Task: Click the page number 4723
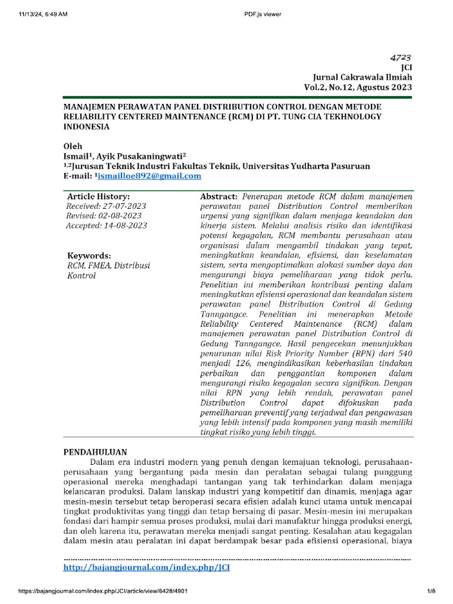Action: point(401,58)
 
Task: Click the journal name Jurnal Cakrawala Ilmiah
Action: point(362,77)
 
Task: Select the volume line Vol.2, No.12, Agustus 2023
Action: point(358,87)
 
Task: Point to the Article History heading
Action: point(99,196)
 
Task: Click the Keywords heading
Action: point(88,255)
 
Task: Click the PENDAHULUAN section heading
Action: point(96,451)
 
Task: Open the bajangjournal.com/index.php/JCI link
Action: point(146,567)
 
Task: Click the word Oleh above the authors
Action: point(73,146)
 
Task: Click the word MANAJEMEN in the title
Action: point(94,107)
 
